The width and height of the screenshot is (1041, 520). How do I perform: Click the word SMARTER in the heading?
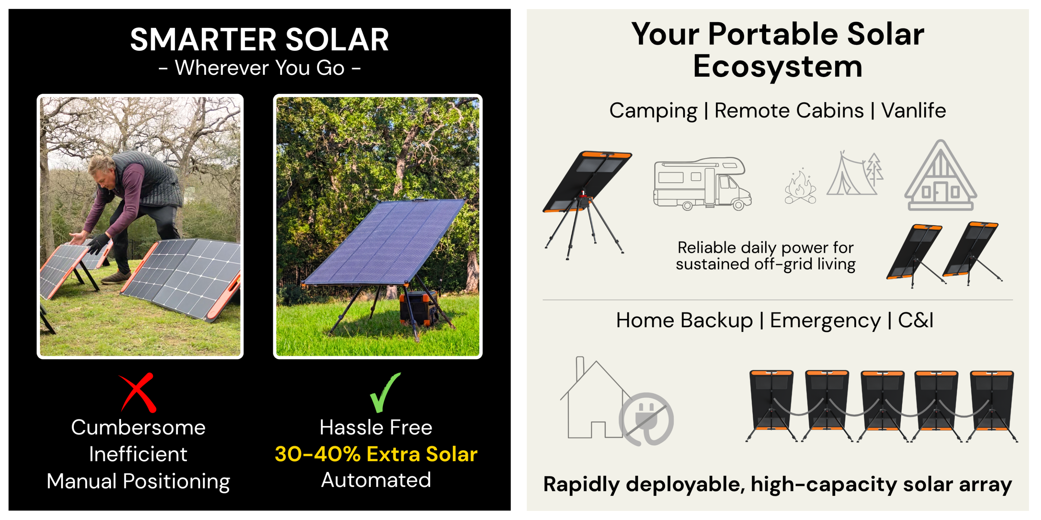[x=203, y=40]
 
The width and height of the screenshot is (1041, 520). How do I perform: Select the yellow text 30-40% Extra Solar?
[x=376, y=454]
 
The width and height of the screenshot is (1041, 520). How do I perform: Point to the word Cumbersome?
[x=138, y=427]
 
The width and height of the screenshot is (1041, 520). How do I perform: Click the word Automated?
[x=376, y=480]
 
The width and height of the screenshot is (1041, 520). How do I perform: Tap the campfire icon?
[x=800, y=186]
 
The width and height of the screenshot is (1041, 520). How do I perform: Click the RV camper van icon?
[x=702, y=184]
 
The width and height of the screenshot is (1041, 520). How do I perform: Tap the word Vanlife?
[x=913, y=110]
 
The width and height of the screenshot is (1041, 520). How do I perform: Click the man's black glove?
[x=98, y=244]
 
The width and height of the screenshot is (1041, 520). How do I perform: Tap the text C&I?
[x=915, y=320]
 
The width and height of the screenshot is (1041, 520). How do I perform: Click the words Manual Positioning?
[x=138, y=482]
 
